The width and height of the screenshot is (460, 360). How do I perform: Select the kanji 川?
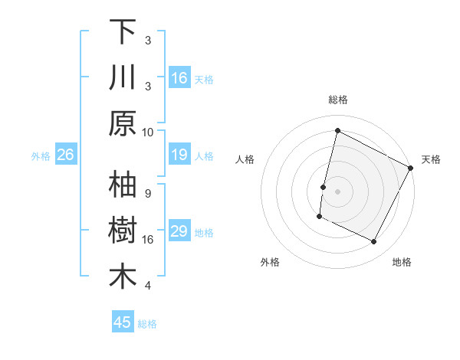click(123, 77)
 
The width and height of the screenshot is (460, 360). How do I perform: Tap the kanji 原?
click(123, 123)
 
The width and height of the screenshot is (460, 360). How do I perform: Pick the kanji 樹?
click(123, 231)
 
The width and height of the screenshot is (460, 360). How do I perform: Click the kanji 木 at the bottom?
click(123, 277)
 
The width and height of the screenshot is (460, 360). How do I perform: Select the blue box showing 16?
click(179, 77)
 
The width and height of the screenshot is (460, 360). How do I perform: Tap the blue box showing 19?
click(179, 155)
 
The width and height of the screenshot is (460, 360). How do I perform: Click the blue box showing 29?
click(179, 231)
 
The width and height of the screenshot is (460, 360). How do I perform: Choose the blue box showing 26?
click(65, 155)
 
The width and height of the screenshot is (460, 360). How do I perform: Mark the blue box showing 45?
click(123, 322)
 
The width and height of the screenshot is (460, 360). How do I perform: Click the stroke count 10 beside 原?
click(148, 132)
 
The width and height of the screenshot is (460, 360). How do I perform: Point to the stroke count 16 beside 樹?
click(148, 240)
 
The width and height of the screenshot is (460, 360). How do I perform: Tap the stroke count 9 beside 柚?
click(148, 193)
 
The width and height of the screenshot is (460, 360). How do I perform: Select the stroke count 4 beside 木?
click(148, 286)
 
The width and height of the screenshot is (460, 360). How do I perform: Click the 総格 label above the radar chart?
click(338, 100)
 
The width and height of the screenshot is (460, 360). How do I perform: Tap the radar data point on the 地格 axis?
click(374, 242)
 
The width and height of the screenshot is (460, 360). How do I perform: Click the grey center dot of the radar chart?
click(338, 190)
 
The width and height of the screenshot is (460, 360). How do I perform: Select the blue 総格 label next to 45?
click(148, 324)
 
